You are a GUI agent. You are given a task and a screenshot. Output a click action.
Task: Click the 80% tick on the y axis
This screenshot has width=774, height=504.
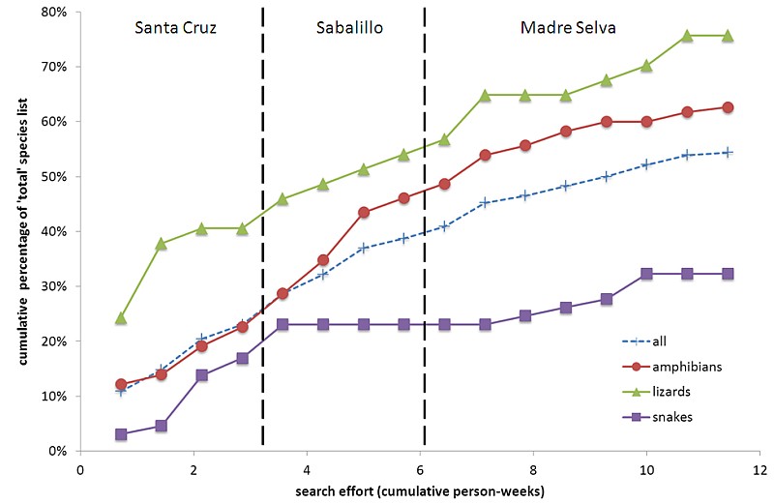click(x=52, y=13)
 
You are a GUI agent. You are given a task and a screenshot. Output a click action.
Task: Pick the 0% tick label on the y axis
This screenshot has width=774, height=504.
click(x=56, y=451)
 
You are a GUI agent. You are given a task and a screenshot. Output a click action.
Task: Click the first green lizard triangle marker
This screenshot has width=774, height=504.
click(x=121, y=317)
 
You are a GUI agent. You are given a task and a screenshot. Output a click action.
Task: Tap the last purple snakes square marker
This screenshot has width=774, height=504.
click(x=728, y=274)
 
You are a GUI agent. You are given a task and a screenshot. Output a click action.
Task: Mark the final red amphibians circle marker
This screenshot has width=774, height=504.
click(x=728, y=107)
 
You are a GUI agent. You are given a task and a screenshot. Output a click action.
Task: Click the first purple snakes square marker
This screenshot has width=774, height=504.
click(x=121, y=434)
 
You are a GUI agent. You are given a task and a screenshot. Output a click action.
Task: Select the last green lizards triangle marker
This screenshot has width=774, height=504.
click(x=728, y=36)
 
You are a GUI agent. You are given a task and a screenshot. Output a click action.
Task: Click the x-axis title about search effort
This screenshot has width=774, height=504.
click(x=418, y=490)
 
